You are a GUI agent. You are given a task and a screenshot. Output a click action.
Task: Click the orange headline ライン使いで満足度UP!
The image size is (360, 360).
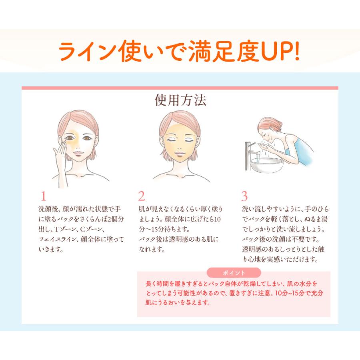(x=179, y=51)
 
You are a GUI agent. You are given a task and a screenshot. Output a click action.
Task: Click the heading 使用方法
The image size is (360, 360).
(x=180, y=100)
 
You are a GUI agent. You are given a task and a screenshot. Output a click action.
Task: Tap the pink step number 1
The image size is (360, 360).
(x=43, y=196)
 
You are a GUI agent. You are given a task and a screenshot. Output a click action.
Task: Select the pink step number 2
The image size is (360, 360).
(x=142, y=196)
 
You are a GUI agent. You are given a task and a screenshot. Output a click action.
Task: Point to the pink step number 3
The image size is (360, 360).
(x=244, y=196)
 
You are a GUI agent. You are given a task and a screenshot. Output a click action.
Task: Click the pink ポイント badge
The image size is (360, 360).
(x=234, y=273)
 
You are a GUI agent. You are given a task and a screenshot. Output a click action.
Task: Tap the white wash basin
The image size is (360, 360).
(x=266, y=165)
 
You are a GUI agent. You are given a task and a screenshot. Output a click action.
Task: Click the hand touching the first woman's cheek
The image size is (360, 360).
(x=60, y=161)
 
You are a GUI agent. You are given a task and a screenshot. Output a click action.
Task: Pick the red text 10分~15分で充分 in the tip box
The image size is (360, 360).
(x=299, y=293)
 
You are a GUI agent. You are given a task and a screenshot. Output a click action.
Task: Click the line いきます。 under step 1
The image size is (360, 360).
(x=51, y=249)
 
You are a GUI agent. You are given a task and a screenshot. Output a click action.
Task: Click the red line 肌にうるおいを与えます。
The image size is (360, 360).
(x=178, y=302)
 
